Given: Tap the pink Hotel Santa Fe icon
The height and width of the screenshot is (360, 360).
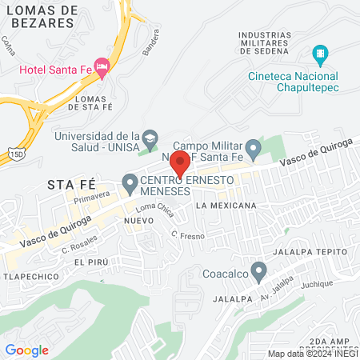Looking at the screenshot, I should point(101,66).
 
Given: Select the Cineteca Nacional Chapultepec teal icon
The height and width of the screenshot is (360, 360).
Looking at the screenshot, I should point(321,55).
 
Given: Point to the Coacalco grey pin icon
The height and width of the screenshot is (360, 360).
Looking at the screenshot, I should point(258,271).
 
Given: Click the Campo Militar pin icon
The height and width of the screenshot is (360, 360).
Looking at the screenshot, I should point(253,148).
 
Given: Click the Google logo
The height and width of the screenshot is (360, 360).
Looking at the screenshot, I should point(27,350).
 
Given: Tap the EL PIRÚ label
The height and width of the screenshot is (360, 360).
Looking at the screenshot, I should point(90,262).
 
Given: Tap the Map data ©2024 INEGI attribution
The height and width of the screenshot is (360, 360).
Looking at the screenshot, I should point(312,354).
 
